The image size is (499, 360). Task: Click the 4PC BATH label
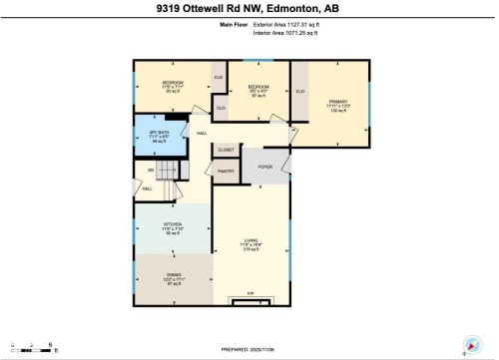pos(155,134)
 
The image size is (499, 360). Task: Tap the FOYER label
pos(265,166)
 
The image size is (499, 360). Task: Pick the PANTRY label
pos(226,171)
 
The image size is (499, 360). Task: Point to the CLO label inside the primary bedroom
pos(300,91)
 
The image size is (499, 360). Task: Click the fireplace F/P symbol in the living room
pos(250,293)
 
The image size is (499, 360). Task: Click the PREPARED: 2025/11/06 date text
pos(249,347)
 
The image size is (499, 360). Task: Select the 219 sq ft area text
pos(251,250)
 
